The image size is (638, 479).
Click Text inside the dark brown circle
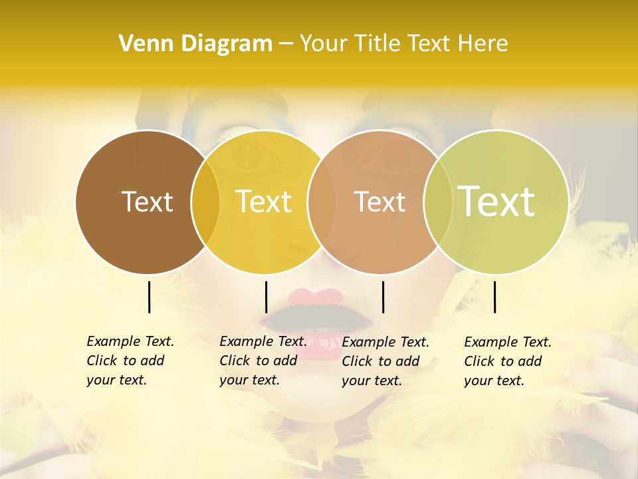pyautogui.click(x=147, y=202)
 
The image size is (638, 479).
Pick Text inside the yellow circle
pyautogui.click(x=263, y=202)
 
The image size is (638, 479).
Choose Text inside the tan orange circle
pyautogui.click(x=379, y=202)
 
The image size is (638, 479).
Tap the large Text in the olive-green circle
pyautogui.click(x=496, y=201)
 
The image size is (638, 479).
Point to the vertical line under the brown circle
pyautogui.click(x=149, y=297)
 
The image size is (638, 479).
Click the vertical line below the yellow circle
pyautogui.click(x=266, y=297)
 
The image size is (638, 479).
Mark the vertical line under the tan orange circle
pyautogui.click(x=383, y=297)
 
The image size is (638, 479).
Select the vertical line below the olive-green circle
pyautogui.click(x=494, y=297)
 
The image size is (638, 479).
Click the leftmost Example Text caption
pyautogui.click(x=130, y=361)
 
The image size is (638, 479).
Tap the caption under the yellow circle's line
pyautogui.click(x=263, y=361)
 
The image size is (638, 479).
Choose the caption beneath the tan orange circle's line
pyautogui.click(x=385, y=361)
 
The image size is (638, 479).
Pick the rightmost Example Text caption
pyautogui.click(x=507, y=361)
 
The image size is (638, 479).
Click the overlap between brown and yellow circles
pyautogui.click(x=205, y=202)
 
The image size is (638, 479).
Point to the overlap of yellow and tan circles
pyautogui.click(x=321, y=202)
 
